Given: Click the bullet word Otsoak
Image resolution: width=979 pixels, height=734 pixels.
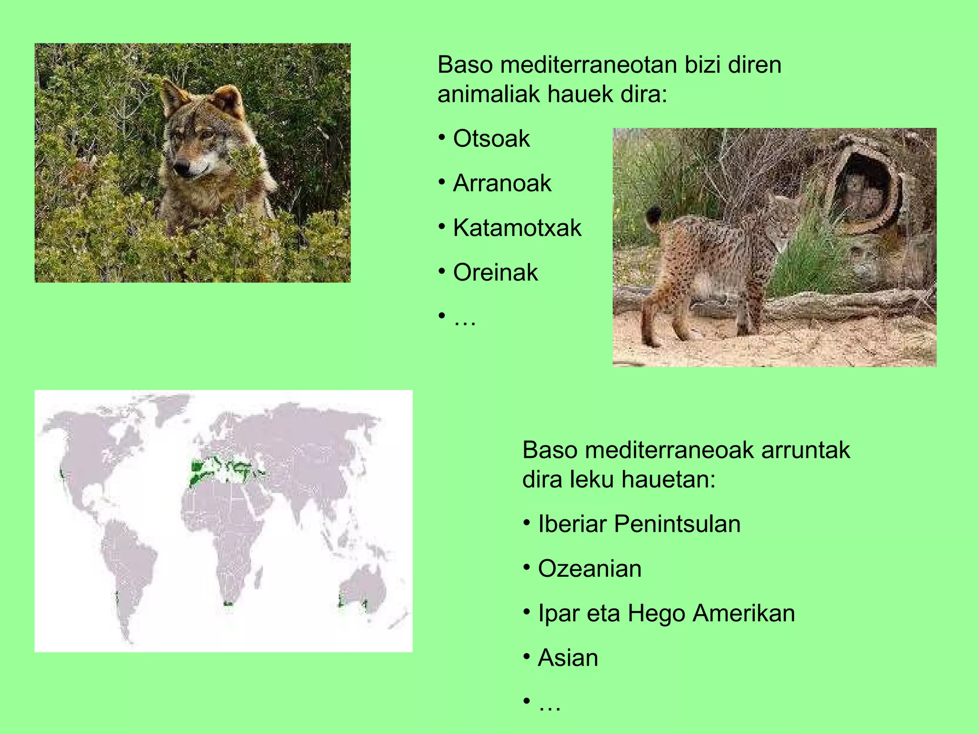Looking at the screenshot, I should pos(491,139).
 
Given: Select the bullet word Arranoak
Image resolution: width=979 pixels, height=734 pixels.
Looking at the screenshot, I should pos(502,183).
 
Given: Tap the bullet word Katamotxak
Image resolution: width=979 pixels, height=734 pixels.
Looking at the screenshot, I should pos(517,227).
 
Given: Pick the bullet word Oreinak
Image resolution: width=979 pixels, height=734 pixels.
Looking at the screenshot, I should pos(495,272).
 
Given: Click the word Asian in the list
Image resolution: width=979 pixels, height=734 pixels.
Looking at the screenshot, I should pos(568,658).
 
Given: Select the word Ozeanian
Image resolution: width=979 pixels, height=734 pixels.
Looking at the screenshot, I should pos(589,569).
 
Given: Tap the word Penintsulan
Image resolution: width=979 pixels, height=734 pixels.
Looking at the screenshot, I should pos(677,524).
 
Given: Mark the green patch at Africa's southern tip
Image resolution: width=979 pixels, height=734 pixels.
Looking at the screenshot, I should pos(228,604).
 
